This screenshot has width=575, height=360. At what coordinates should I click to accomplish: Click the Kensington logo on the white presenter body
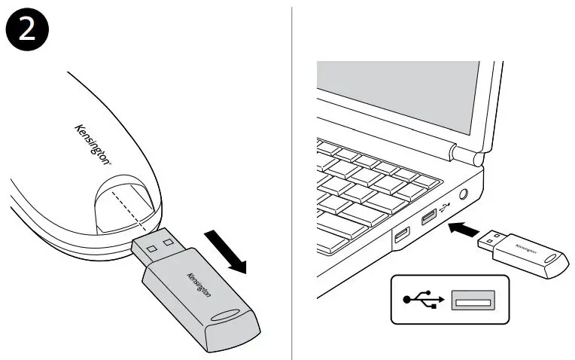pos(95,142)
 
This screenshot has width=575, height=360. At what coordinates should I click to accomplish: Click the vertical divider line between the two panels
pos(292,181)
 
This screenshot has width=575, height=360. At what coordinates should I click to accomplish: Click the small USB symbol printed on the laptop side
pos(445,206)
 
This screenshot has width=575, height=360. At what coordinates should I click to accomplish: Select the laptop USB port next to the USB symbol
pos(428,219)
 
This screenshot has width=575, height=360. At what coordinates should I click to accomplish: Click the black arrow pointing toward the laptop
pos(464,227)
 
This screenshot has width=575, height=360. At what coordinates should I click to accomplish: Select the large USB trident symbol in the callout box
pos(422,299)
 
